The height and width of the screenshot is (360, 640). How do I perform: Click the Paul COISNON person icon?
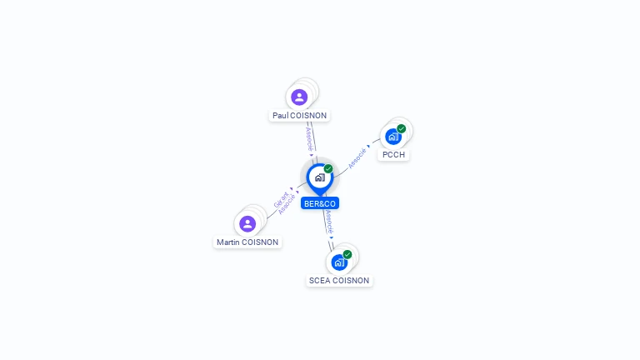tap(299, 97)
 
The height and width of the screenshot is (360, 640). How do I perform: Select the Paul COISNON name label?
tap(300, 116)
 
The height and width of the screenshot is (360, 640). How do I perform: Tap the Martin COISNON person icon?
tap(247, 223)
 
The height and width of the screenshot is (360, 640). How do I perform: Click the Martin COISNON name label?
tap(247, 242)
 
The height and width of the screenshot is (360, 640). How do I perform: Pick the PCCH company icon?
tap(392, 137)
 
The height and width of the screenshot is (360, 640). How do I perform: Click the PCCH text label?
tap(394, 155)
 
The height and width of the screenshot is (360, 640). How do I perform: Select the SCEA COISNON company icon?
tap(338, 262)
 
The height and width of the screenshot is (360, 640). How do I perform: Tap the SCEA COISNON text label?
tap(339, 281)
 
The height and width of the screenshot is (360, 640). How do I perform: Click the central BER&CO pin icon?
tap(318, 177)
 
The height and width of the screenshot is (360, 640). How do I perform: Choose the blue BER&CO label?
tap(320, 203)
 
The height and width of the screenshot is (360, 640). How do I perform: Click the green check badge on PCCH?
tap(402, 128)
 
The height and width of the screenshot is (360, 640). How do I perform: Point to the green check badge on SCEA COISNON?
tap(347, 254)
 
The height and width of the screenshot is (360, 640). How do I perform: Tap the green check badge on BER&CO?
tap(328, 168)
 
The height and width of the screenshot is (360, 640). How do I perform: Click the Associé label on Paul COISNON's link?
tap(309, 138)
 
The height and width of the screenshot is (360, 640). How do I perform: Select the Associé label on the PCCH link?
tap(357, 157)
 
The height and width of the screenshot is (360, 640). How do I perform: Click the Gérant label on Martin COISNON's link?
tap(281, 200)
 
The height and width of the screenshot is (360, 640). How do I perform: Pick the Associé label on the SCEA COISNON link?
tap(329, 221)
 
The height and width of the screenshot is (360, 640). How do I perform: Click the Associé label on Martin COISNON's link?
tap(287, 205)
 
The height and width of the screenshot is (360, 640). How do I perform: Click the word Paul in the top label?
tap(280, 116)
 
